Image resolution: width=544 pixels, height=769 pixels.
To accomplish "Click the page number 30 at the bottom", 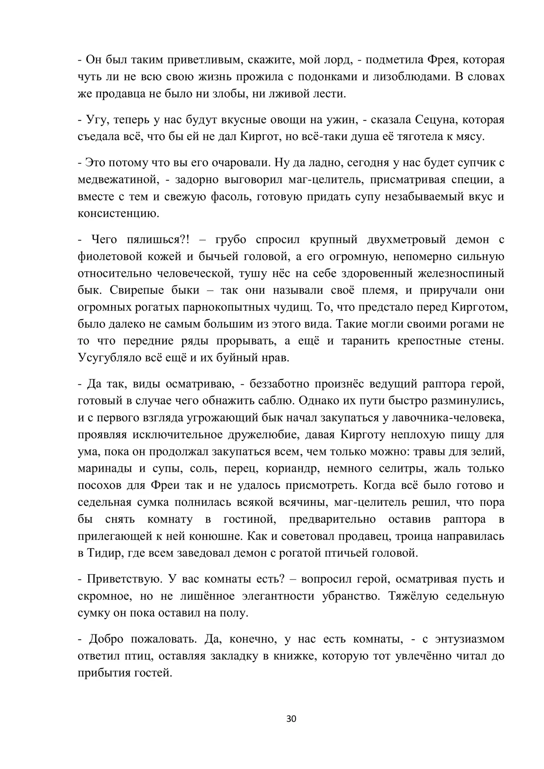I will [x=291, y=719].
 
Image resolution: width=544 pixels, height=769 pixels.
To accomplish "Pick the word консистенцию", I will [x=118, y=214].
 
